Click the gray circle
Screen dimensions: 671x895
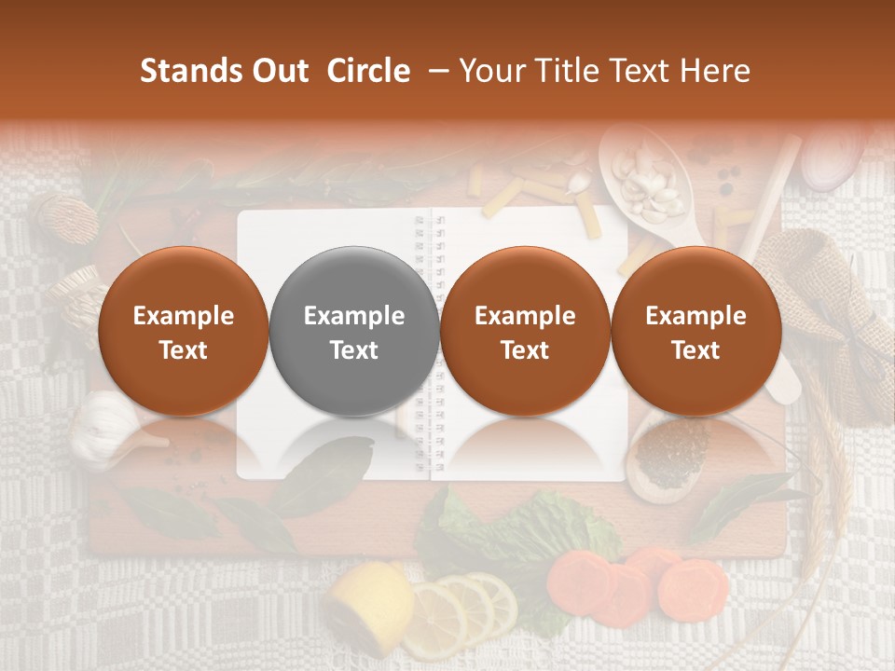coord(353,331)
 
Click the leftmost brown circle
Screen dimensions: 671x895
coord(183,331)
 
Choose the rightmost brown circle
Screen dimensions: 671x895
coord(695,331)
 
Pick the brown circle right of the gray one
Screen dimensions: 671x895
coord(525,331)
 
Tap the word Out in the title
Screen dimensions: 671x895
coord(278,71)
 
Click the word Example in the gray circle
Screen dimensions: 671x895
coord(353,316)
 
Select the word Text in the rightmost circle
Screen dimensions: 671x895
coord(695,350)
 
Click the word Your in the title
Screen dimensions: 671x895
coord(487,71)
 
